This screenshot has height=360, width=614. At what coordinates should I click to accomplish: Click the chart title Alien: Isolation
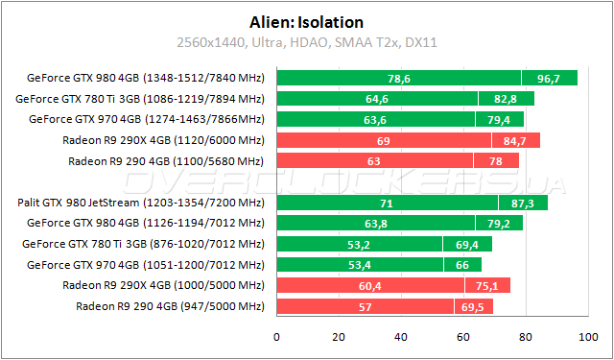coord(306,22)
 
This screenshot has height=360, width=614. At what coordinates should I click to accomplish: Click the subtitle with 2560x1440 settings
coord(306,42)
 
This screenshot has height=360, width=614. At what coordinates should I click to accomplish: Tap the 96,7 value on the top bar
coord(550,78)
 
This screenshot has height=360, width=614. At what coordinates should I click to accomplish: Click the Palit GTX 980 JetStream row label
coord(141,203)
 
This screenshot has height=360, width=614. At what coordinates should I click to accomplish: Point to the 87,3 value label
coord(521,203)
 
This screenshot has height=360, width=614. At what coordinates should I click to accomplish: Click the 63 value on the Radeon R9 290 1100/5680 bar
coord(374,160)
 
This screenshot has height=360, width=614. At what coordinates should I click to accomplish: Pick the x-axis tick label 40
coord(401,337)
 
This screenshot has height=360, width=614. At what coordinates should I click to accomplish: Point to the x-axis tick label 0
coord(276,337)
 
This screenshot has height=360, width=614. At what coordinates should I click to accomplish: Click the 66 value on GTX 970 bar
coord(461,265)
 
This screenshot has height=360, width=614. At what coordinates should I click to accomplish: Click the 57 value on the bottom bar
coord(366,306)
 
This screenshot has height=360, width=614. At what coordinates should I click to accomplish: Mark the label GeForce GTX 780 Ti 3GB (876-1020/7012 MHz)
coord(141,244)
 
